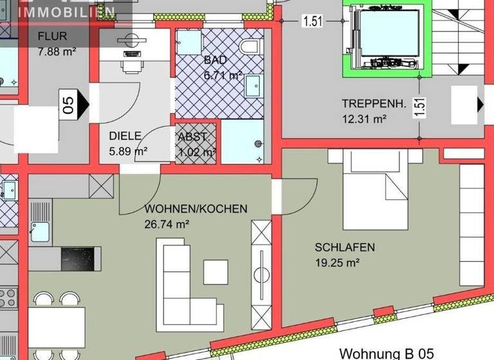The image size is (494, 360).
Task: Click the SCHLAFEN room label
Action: [345, 248]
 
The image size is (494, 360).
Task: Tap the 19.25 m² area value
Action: [337, 262]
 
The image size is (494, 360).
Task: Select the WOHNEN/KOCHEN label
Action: [196, 209]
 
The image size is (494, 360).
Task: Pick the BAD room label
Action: [215, 60]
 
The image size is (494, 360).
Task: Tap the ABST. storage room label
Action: [193, 136]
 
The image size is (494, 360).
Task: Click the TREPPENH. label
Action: [374, 104]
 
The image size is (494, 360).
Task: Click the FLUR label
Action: [52, 36]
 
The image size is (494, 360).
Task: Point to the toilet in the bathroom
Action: [248, 46]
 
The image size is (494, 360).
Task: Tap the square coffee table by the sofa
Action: [215, 271]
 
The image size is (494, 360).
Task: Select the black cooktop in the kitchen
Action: [81, 259]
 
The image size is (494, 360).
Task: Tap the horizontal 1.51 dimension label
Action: [313, 21]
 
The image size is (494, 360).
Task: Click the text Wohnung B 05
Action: [387, 353]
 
